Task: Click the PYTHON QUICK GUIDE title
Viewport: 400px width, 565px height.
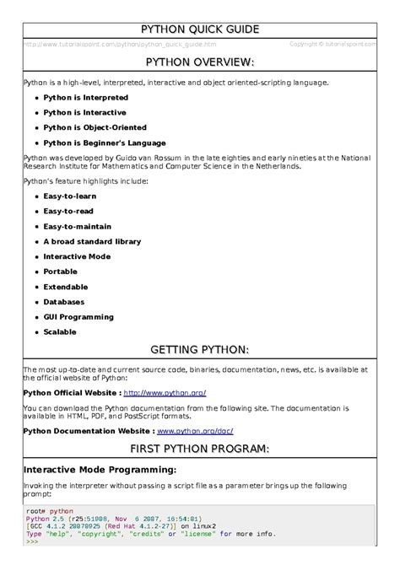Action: coord(199,30)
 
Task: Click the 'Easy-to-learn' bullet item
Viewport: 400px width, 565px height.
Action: coord(71,196)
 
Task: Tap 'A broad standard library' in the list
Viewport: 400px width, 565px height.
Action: coord(92,241)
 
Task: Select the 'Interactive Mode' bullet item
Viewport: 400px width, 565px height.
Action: coord(77,256)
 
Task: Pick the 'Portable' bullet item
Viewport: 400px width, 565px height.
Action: coord(60,272)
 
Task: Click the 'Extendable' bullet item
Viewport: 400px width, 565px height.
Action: coord(66,287)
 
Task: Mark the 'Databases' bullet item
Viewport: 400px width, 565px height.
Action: coord(64,302)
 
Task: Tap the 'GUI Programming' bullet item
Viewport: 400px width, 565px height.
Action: coord(78,317)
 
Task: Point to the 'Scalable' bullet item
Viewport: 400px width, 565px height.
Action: coord(60,332)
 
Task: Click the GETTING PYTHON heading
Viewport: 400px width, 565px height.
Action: coord(199,349)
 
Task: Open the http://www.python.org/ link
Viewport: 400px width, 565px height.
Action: coord(165,393)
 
